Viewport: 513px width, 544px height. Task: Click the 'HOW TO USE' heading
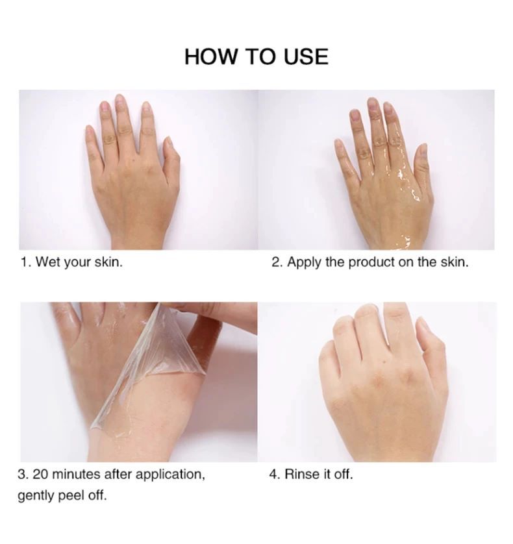click(x=256, y=56)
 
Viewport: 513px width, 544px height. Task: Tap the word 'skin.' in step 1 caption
click(x=108, y=263)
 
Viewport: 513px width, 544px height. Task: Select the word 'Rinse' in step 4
click(x=299, y=475)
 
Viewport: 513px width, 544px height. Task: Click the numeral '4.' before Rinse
click(x=274, y=475)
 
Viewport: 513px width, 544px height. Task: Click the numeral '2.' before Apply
click(x=277, y=263)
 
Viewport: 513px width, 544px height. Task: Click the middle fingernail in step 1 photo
click(x=119, y=101)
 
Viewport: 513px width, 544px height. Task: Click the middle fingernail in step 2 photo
click(x=373, y=104)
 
